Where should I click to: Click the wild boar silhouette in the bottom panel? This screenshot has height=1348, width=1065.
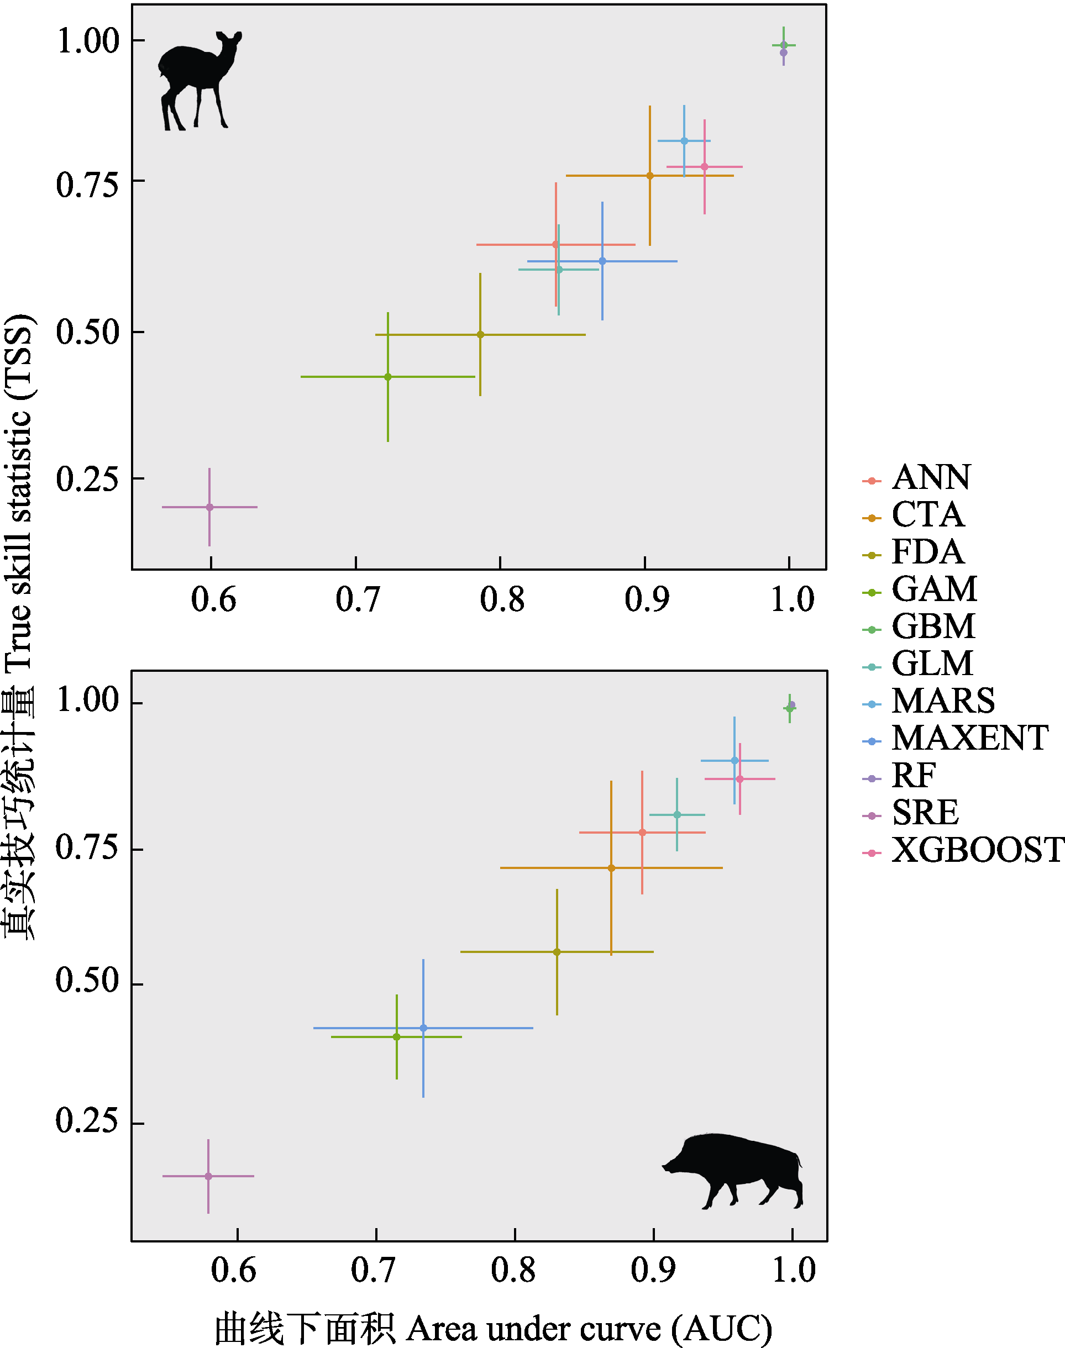coord(736,1168)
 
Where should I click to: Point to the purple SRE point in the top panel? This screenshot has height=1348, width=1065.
coord(209,507)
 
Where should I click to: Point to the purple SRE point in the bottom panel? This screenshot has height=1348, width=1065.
coord(208,1176)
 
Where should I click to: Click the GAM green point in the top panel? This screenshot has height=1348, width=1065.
coord(388,377)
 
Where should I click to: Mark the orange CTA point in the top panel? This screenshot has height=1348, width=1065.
coord(650,176)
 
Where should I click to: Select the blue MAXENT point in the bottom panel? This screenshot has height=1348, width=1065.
coord(423,1028)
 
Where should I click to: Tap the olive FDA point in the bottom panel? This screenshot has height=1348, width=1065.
coord(557,952)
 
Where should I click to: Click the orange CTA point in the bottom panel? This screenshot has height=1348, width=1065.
coord(611,868)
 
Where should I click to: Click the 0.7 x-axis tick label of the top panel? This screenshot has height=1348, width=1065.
coord(357,599)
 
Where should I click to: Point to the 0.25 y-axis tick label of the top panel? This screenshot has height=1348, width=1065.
coord(87,479)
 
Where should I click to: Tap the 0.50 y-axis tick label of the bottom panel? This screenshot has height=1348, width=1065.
coord(87,981)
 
